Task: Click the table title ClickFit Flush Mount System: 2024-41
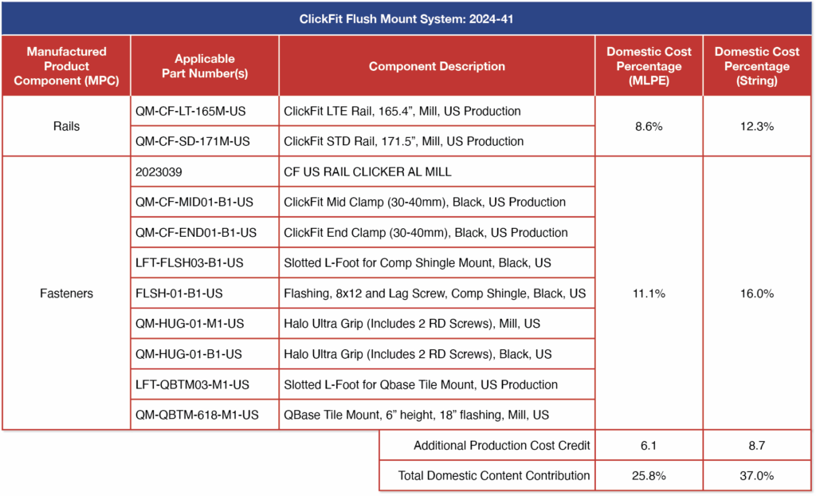408,18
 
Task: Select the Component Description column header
437,66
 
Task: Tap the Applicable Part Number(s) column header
205,66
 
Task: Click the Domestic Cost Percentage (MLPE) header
649,66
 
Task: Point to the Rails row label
66,126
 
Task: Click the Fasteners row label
66,293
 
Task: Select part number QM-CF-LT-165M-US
193,111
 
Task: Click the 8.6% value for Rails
649,126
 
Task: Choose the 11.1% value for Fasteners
649,293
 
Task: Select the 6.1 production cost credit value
649,445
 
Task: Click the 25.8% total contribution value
649,475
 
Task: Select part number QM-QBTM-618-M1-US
198,415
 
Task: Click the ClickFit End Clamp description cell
426,233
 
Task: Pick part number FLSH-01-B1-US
179,293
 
